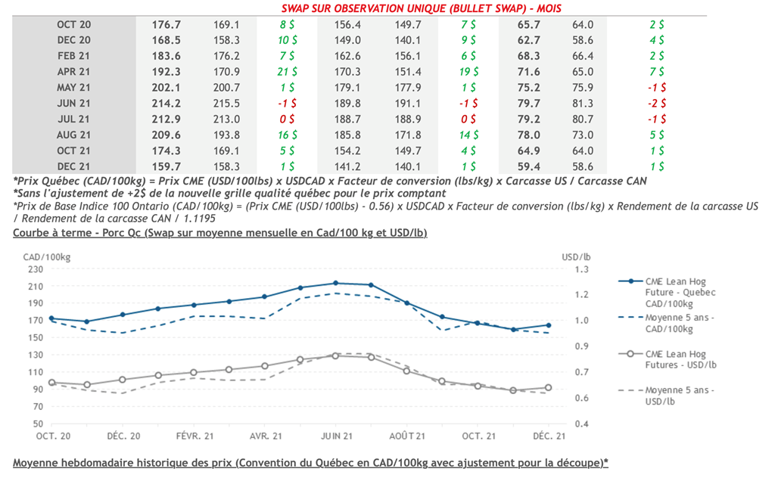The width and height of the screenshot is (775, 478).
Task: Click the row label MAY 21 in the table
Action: [x=73, y=87]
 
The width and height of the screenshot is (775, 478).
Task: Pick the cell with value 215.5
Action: [x=226, y=103]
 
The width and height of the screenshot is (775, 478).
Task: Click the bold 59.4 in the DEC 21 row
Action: [x=528, y=166]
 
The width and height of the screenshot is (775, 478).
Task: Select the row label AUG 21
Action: [x=73, y=135]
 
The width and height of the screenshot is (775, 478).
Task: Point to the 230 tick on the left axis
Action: [x=36, y=268]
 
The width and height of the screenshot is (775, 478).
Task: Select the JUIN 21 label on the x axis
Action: [x=336, y=436]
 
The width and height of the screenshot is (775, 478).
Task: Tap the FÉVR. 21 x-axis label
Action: [x=193, y=436]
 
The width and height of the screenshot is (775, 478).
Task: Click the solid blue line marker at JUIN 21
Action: [x=335, y=283]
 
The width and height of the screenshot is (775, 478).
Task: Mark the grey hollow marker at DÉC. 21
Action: [x=549, y=388]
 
